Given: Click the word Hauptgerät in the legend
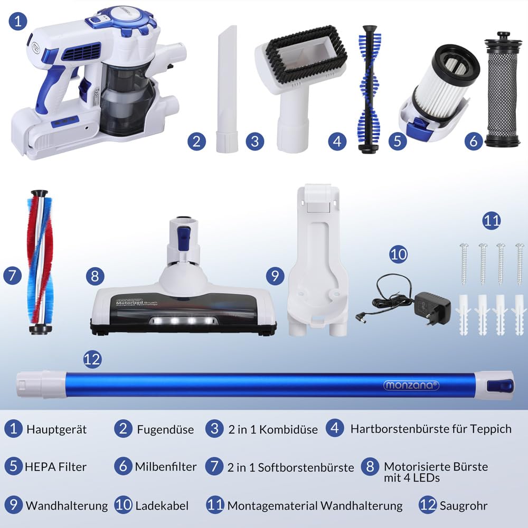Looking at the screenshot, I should pyautogui.click(x=56, y=429).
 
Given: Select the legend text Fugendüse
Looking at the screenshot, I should pyautogui.click(x=165, y=429).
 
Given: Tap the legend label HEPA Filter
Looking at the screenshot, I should pyautogui.click(x=55, y=467).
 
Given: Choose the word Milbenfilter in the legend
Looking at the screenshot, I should pyautogui.click(x=166, y=467).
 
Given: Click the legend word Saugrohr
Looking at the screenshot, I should pyautogui.click(x=463, y=505).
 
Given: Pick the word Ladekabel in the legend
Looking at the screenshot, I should pyautogui.click(x=162, y=505).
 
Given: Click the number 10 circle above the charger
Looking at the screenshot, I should pyautogui.click(x=399, y=254).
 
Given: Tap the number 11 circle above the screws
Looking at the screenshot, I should pyautogui.click(x=491, y=220).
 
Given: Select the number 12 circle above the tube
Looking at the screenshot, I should pyautogui.click(x=92, y=360).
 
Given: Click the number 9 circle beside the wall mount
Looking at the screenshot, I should pyautogui.click(x=275, y=275).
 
